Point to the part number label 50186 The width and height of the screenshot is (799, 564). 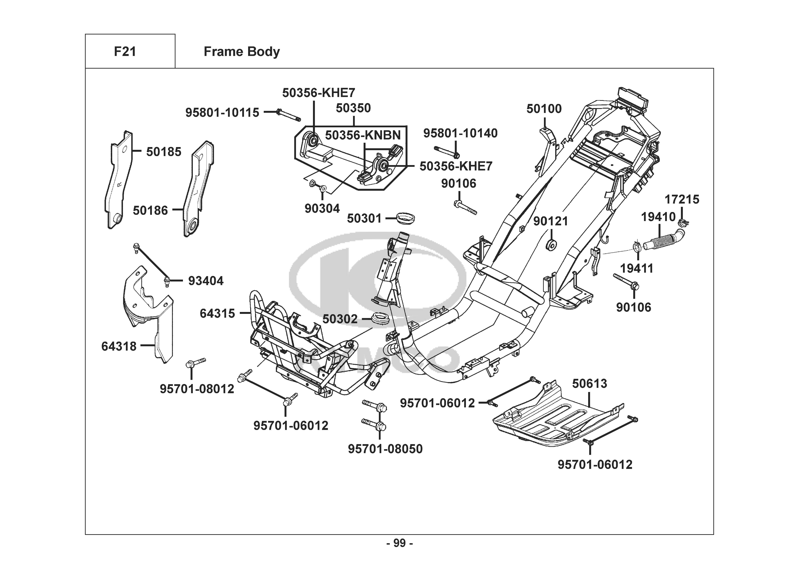pos(150,210)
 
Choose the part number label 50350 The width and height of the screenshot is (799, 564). pos(353,108)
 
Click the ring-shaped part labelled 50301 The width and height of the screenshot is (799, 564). pos(405,218)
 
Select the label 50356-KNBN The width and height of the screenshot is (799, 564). pos(363,135)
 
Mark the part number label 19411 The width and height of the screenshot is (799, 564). pos(637,268)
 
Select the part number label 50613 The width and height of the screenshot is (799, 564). pos(590,384)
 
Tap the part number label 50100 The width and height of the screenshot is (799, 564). pos(544,109)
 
